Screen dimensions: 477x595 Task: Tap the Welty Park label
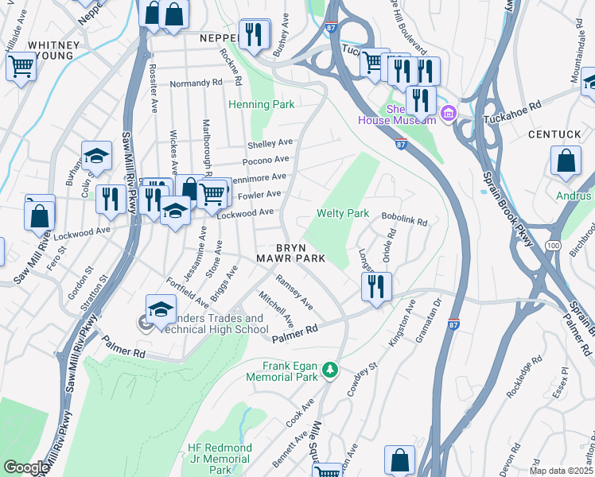[x=343, y=213]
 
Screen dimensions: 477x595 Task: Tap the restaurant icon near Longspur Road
[x=377, y=285]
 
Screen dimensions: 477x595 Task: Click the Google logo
[x=25, y=467]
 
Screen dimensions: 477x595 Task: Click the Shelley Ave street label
[x=270, y=144]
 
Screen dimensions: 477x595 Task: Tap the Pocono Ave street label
[x=266, y=160]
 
